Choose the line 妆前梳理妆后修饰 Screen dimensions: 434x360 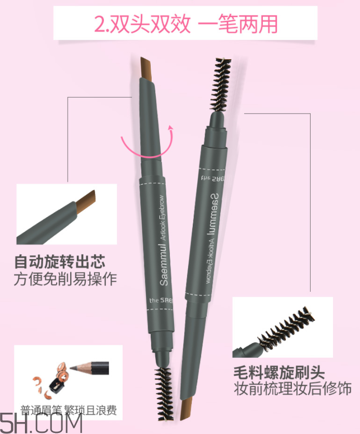point(292,389)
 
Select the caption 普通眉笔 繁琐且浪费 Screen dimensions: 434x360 point(68,410)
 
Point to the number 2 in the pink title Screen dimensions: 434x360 point(98,24)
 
